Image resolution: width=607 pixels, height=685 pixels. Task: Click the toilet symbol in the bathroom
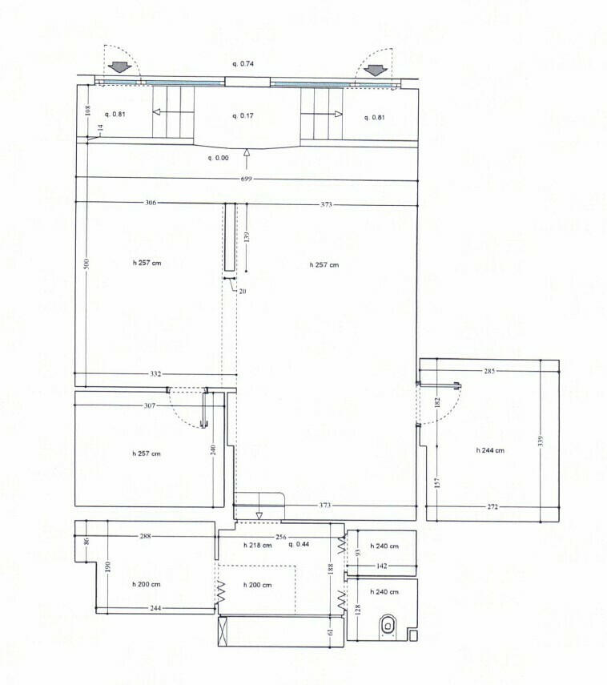click(x=388, y=624)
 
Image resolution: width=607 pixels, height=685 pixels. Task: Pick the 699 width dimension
click(x=246, y=179)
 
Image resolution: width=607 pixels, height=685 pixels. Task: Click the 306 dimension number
click(x=151, y=203)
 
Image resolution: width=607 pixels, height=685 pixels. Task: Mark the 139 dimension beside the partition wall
click(x=247, y=237)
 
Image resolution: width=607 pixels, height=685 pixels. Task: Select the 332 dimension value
click(x=155, y=374)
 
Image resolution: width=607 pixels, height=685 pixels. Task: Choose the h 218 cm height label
click(x=256, y=545)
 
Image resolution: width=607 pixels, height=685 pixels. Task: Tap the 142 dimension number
click(x=381, y=566)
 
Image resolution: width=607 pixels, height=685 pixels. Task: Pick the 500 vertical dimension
click(x=86, y=264)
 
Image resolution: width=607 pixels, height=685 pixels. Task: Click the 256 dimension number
click(x=281, y=536)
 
